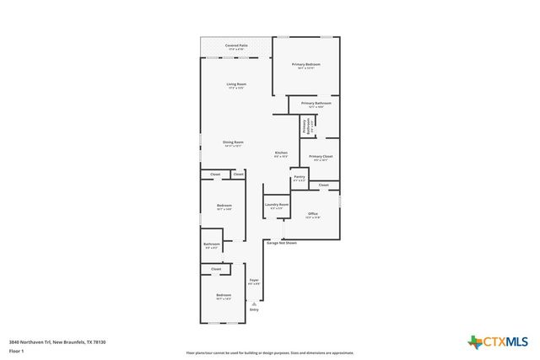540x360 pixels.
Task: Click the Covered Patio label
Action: pyautogui.click(x=236, y=46)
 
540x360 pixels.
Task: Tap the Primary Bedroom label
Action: pyautogui.click(x=306, y=65)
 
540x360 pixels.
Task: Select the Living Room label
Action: pyautogui.click(x=236, y=84)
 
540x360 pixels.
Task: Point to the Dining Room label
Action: pyautogui.click(x=234, y=142)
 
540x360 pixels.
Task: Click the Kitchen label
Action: pyautogui.click(x=281, y=153)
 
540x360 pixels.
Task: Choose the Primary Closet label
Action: pyautogui.click(x=321, y=157)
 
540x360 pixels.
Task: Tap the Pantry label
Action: pyautogui.click(x=300, y=177)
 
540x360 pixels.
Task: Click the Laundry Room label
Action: pyautogui.click(x=277, y=205)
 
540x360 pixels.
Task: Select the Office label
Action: pyautogui.click(x=312, y=214)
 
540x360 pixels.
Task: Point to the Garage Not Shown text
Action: pyautogui.click(x=282, y=243)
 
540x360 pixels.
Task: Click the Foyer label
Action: pyautogui.click(x=253, y=280)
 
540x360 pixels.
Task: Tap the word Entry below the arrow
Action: pyautogui.click(x=253, y=309)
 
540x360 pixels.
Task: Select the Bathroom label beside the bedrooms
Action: pyautogui.click(x=212, y=244)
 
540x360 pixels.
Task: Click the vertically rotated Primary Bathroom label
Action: pyautogui.click(x=305, y=126)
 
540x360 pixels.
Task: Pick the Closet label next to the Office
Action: pyautogui.click(x=324, y=185)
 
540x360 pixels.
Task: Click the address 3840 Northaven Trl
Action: pyautogui.click(x=57, y=341)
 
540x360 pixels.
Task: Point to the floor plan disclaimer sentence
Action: pyautogui.click(x=270, y=353)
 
